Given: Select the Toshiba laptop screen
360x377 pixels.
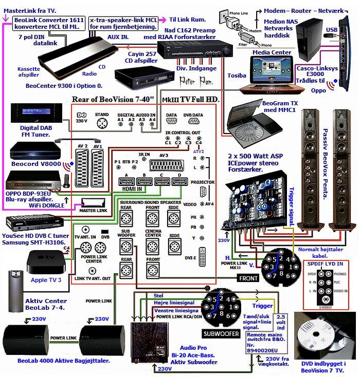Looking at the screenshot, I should point(272,64).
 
